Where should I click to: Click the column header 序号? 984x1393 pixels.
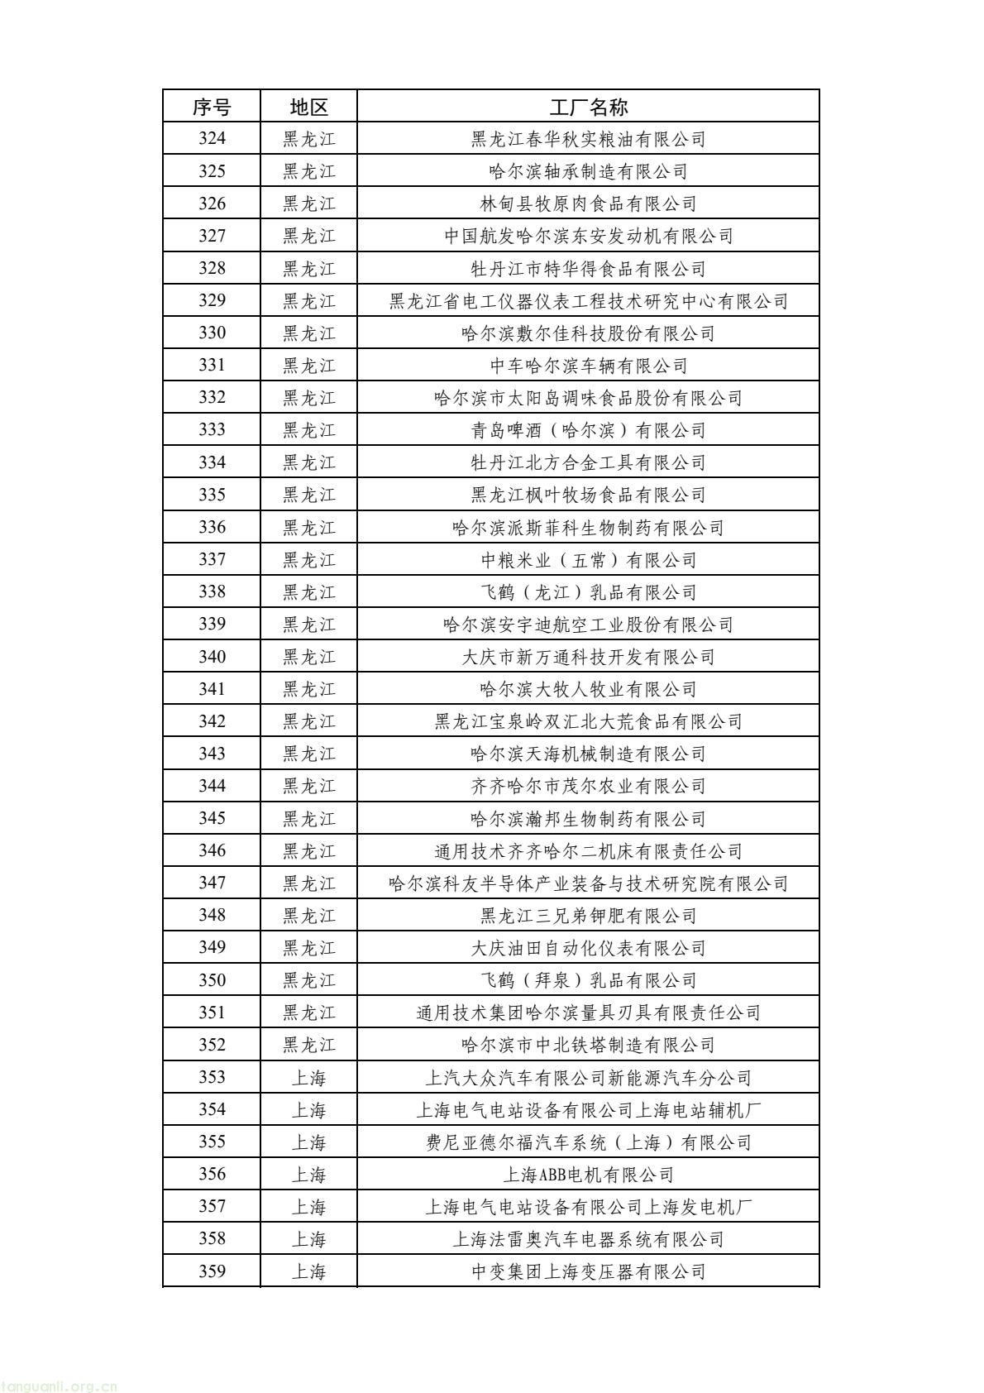point(212,107)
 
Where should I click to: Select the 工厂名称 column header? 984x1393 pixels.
point(588,107)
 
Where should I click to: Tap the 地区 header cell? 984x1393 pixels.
point(308,107)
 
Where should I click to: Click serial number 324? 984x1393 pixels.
point(212,139)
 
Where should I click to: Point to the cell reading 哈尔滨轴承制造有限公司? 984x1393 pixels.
point(588,171)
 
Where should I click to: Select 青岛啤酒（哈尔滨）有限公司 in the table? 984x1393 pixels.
point(588,430)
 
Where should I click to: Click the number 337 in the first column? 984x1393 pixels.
point(212,559)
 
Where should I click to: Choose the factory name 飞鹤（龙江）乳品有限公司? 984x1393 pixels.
point(588,592)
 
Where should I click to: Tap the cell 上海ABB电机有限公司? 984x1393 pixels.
point(588,1175)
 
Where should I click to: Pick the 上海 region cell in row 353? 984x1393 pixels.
point(308,1078)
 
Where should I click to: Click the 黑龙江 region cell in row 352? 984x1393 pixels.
point(308,1045)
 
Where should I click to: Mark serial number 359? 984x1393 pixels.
point(212,1271)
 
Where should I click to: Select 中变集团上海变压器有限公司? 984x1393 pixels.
point(588,1271)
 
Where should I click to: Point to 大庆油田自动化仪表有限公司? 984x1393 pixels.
point(588,948)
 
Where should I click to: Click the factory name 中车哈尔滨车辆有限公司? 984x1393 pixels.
point(588,366)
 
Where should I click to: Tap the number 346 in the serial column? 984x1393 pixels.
point(212,850)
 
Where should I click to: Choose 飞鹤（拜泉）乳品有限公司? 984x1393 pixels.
point(588,980)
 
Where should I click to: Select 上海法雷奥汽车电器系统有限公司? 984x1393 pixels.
point(588,1239)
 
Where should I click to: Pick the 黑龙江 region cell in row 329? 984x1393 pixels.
point(308,301)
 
